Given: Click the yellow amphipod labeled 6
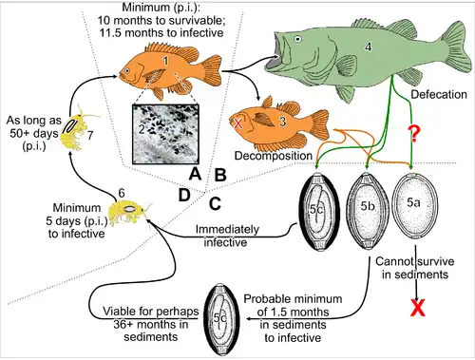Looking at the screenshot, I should click(x=127, y=206).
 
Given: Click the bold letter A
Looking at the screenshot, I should click(x=194, y=174).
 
